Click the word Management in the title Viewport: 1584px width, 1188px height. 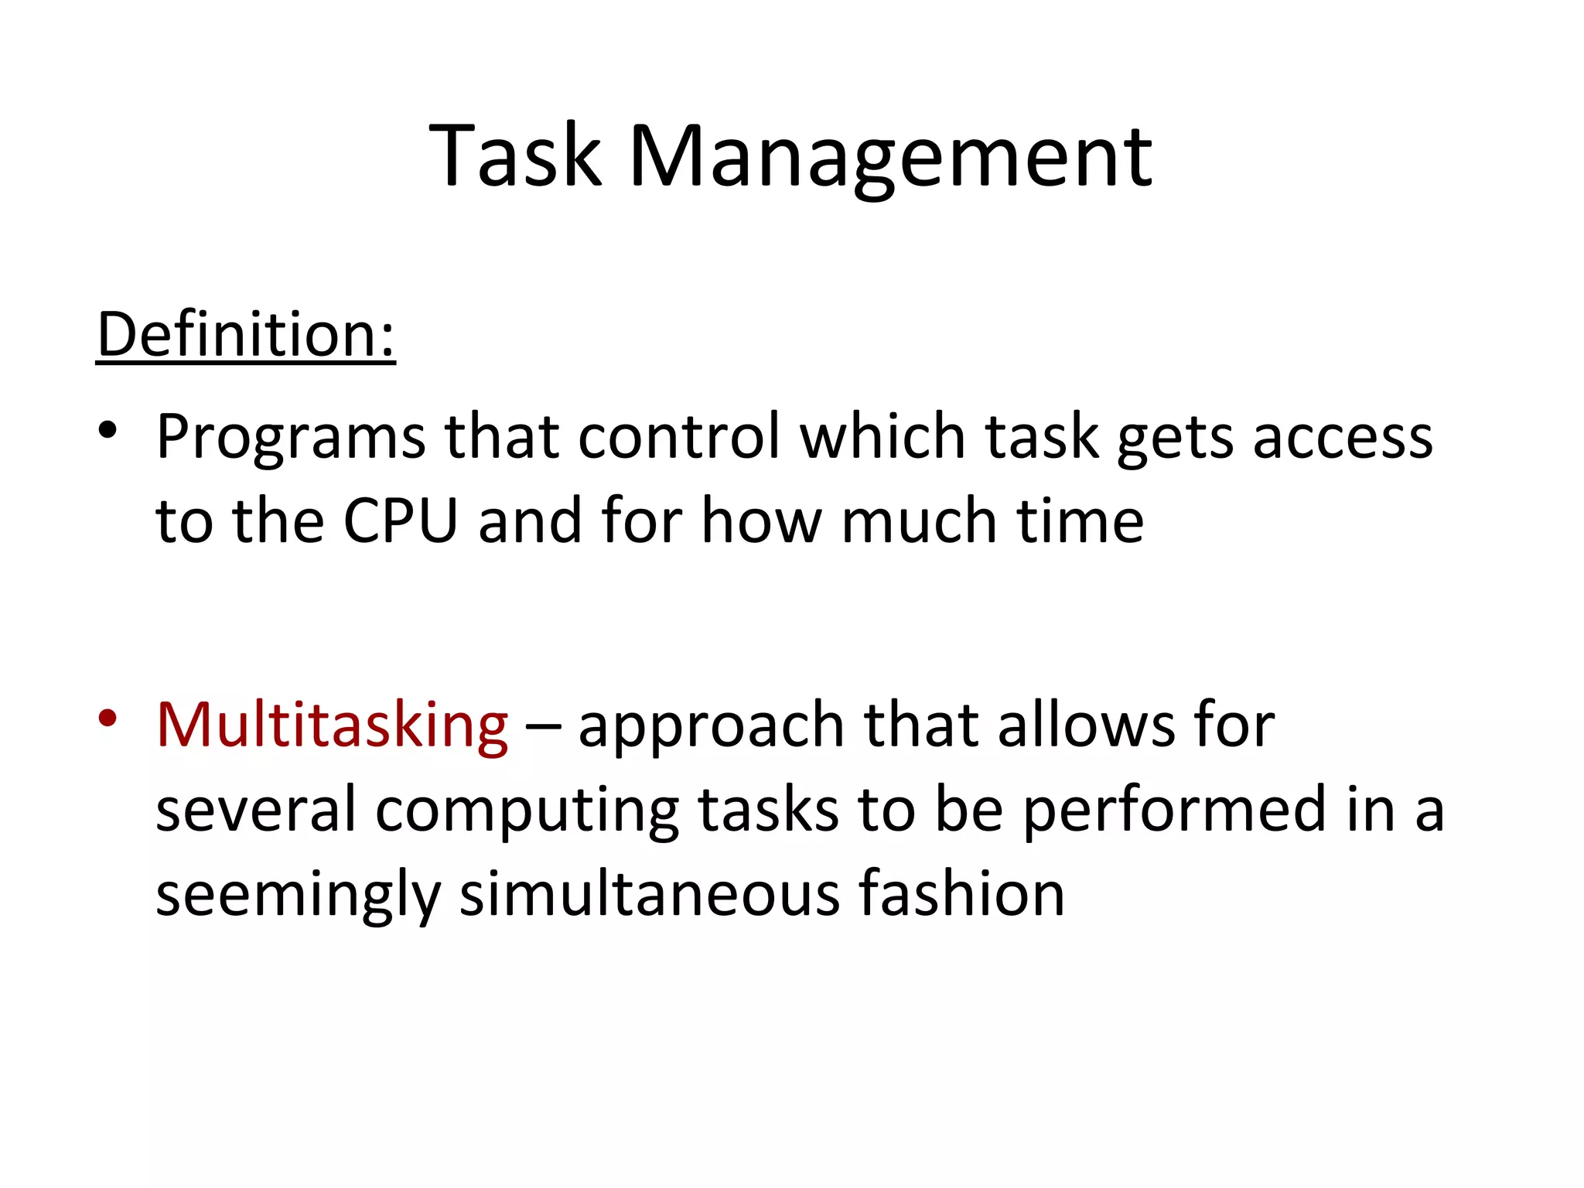[891, 159]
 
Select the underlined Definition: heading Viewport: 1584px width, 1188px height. [246, 334]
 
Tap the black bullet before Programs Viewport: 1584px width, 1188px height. [108, 430]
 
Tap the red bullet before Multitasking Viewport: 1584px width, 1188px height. [108, 718]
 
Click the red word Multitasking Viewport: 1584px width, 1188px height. [332, 725]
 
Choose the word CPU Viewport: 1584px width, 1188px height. [401, 521]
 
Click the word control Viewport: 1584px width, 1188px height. [680, 437]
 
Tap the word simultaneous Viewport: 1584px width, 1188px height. [650, 893]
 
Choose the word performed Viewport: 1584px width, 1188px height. [1175, 811]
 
